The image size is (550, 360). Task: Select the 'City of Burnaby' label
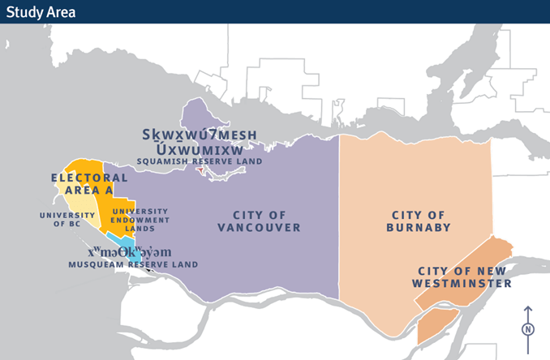click(418, 221)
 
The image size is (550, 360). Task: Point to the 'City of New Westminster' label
click(465, 276)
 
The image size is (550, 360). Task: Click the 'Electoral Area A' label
click(89, 183)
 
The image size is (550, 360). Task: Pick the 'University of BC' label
click(66, 219)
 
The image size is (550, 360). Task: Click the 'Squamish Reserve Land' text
click(200, 161)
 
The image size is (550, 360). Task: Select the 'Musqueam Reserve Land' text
click(133, 264)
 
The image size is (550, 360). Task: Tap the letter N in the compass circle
click(528, 329)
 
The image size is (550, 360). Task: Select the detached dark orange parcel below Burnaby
click(436, 324)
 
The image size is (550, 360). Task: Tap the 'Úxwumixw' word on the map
click(200, 148)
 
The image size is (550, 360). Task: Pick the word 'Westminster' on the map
click(462, 283)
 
